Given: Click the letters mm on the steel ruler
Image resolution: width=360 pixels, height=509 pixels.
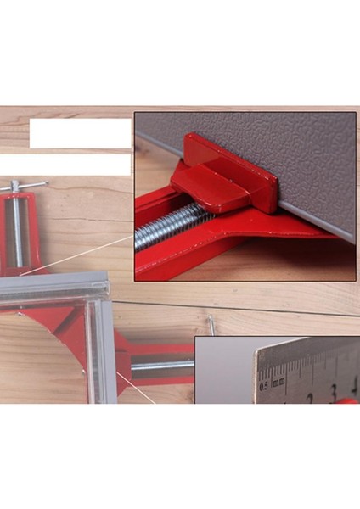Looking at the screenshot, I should (x=277, y=383).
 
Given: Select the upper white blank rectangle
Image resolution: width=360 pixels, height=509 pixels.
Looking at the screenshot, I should (x=80, y=133).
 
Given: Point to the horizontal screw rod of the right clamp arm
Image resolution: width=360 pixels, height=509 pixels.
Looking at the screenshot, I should (x=161, y=366).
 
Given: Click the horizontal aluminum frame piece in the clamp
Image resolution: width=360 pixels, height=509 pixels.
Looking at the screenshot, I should (x=51, y=291).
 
